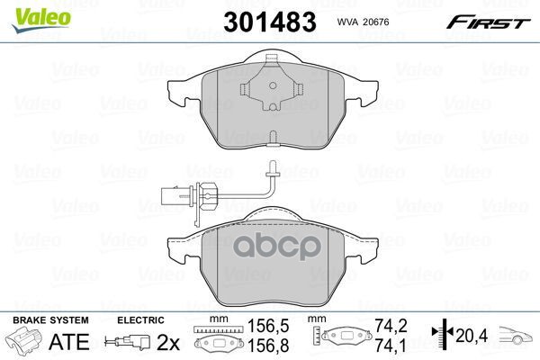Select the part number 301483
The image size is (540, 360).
pyautogui.click(x=270, y=19)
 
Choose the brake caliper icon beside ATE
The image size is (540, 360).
pyautogui.click(x=24, y=342)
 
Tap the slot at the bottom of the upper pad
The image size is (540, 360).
pyautogui.click(x=272, y=138)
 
